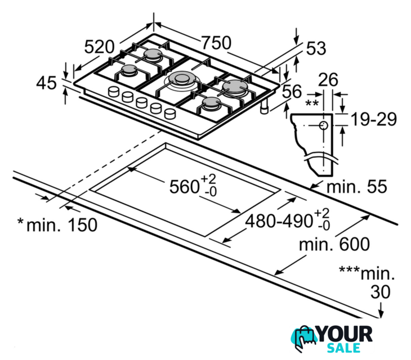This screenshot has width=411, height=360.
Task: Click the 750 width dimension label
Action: pyautogui.click(x=217, y=43)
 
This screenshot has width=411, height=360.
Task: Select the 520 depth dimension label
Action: pyautogui.click(x=99, y=47)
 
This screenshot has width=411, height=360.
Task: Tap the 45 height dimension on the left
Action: pyautogui.click(x=46, y=83)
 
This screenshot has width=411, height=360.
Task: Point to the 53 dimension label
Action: pyautogui.click(x=316, y=48)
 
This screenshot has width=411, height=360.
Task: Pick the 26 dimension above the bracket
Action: pyautogui.click(x=328, y=80)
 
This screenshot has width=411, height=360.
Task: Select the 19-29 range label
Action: pyautogui.click(x=373, y=119)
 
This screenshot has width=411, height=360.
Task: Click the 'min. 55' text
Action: pyautogui.click(x=356, y=186)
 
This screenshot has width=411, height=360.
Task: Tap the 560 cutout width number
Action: pyautogui.click(x=184, y=187)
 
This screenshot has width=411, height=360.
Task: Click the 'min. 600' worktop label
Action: pyautogui.click(x=334, y=244)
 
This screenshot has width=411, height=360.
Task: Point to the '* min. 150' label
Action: pyautogui.click(x=57, y=224)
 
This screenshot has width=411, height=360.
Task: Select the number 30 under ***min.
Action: pyautogui.click(x=381, y=292)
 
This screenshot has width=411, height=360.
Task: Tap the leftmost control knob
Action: pyautogui.click(x=114, y=92)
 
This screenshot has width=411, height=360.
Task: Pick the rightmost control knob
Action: pyautogui.click(x=170, y=114)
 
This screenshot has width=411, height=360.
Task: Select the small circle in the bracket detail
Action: pyautogui.click(x=324, y=125)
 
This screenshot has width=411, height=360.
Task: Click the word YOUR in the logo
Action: pyautogui.click(x=344, y=334)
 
